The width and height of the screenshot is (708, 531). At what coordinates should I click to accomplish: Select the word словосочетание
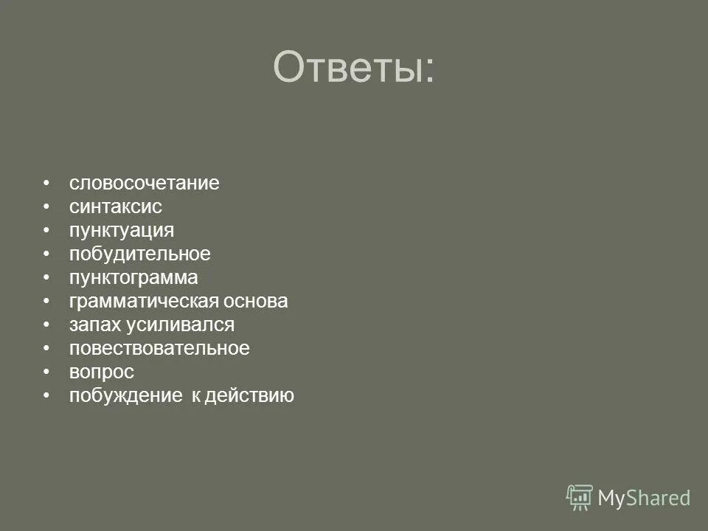(x=145, y=183)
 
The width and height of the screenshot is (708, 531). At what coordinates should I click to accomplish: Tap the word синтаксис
(x=116, y=206)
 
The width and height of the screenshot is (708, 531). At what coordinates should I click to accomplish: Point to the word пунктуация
(x=122, y=230)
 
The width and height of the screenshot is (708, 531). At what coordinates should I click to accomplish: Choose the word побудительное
(x=140, y=254)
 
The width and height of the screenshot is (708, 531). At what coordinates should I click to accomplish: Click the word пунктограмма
(x=133, y=277)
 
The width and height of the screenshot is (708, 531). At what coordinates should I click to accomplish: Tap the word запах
(x=93, y=325)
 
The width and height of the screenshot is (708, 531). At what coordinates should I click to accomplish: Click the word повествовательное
(x=159, y=349)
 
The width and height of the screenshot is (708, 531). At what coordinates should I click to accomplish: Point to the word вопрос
(x=102, y=372)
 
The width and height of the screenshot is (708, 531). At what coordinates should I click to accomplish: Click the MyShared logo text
(x=644, y=498)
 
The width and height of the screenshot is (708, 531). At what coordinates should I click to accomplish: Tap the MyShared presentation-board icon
(x=580, y=497)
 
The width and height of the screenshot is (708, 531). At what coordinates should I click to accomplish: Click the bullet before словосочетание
(x=46, y=183)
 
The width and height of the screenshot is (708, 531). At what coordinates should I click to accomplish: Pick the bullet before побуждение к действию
(x=46, y=396)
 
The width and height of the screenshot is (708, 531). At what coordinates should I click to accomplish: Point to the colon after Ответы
(x=428, y=72)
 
